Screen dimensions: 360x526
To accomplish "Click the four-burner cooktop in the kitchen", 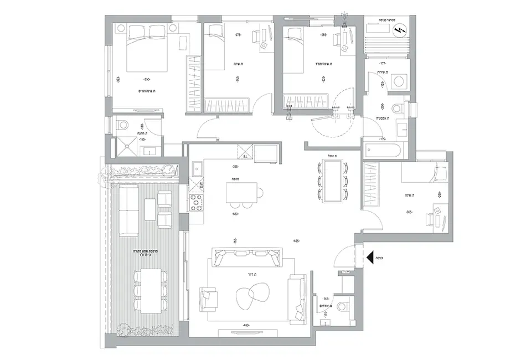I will click(197, 202).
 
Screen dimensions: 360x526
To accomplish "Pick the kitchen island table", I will click(241, 192).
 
